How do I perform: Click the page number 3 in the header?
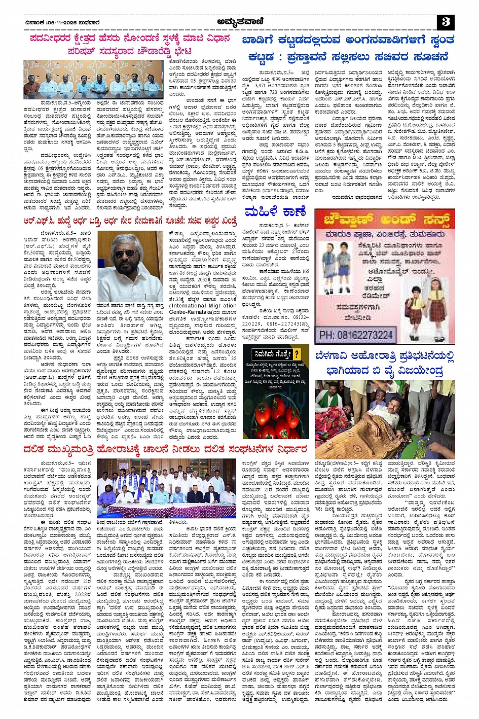click(x=446, y=21)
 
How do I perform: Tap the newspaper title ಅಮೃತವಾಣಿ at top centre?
click(x=239, y=21)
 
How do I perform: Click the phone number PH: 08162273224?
click(x=357, y=335)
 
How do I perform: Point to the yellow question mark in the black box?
click(x=297, y=354)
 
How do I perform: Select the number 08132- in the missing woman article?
click(x=303, y=317)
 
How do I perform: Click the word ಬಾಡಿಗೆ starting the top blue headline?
click(x=263, y=41)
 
